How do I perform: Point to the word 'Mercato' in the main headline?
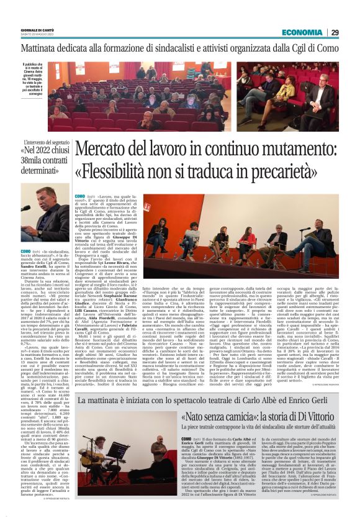click(103, 149)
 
